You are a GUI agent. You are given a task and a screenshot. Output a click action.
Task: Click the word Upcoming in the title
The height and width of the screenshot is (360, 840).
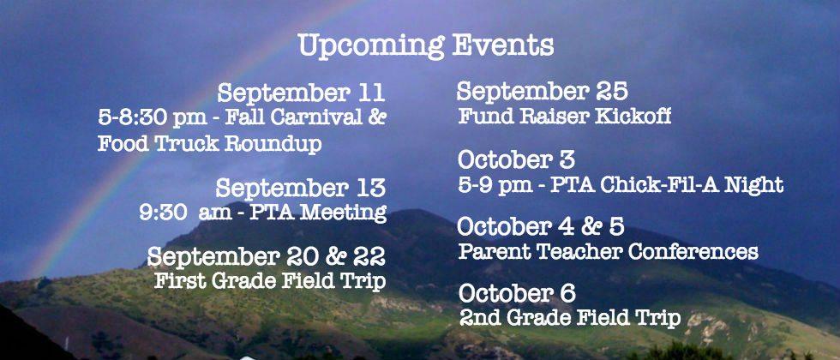(x=371, y=47)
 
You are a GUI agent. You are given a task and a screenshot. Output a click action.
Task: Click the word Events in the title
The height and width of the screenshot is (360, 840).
(x=503, y=45)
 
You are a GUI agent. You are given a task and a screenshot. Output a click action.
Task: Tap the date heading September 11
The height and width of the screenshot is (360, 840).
(x=301, y=93)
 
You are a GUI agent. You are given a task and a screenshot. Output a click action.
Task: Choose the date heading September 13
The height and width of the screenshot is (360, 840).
(x=301, y=188)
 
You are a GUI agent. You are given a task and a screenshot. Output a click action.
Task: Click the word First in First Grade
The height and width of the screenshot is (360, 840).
(x=176, y=281)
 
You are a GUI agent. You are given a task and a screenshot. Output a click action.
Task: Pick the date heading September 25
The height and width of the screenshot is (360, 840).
(x=542, y=92)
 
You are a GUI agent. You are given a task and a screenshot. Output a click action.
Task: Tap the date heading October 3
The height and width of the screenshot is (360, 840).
(x=516, y=159)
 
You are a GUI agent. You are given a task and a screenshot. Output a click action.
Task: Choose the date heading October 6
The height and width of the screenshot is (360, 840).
(x=517, y=293)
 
